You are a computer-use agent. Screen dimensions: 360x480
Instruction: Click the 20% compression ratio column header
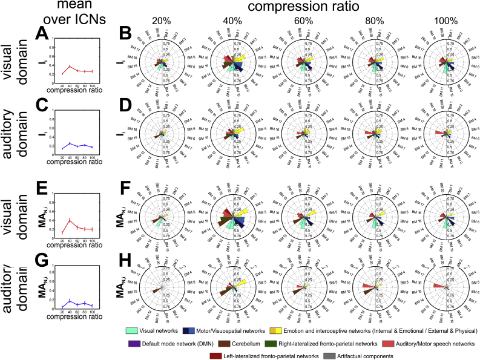pos(160,20)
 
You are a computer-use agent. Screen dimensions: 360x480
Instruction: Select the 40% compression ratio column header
pos(232,20)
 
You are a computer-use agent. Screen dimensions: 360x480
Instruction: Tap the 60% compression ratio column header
pos(304,20)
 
